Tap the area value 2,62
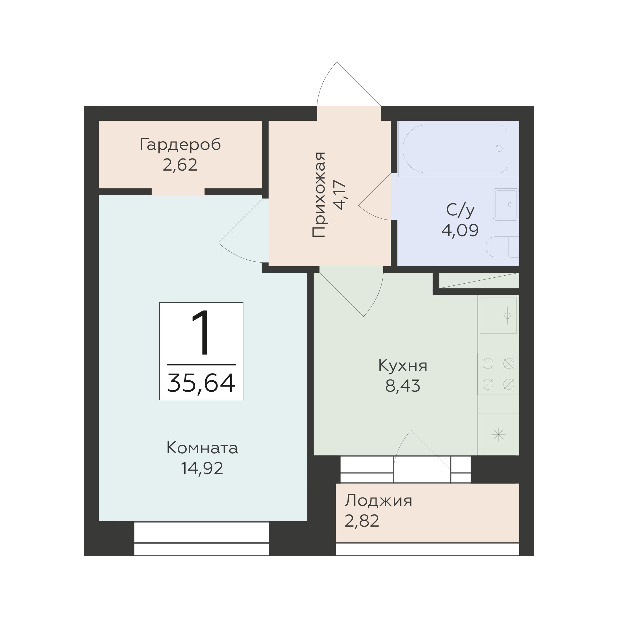click(x=180, y=165)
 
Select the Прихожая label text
click(x=319, y=195)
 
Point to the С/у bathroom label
click(x=460, y=210)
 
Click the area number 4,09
click(x=460, y=230)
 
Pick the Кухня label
click(x=403, y=366)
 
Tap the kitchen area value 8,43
click(x=403, y=386)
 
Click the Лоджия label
click(x=378, y=500)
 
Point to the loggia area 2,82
click(x=362, y=521)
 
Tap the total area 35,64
click(x=201, y=383)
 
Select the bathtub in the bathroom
click(x=455, y=149)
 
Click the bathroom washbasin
click(x=506, y=204)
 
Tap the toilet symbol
click(x=502, y=247)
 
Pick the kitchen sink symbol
click(x=498, y=316)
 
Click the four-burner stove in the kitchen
click(x=498, y=374)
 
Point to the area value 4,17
click(x=340, y=195)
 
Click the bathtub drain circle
click(x=499, y=148)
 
